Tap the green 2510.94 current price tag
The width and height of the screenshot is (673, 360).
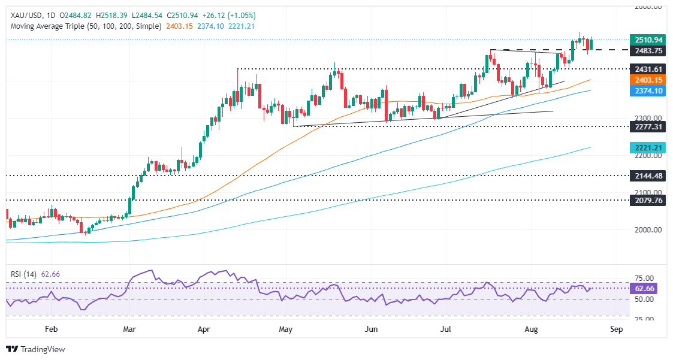click(649, 40)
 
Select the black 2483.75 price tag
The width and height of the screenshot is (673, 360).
click(649, 50)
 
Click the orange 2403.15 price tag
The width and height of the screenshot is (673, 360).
click(649, 80)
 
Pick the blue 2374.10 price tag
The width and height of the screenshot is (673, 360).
click(649, 90)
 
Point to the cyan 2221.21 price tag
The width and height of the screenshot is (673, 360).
click(649, 147)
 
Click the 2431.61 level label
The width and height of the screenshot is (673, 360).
click(649, 69)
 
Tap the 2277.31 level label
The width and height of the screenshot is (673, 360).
click(649, 126)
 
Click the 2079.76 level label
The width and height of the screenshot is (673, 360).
click(649, 200)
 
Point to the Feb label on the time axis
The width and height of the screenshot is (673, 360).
click(52, 329)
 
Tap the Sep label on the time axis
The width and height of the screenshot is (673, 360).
click(616, 329)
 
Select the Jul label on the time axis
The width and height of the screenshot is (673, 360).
click(445, 329)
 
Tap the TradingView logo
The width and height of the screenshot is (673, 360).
click(36, 349)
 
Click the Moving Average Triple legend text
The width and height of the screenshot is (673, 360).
click(83, 26)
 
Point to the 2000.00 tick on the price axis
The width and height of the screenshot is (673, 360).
click(649, 229)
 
